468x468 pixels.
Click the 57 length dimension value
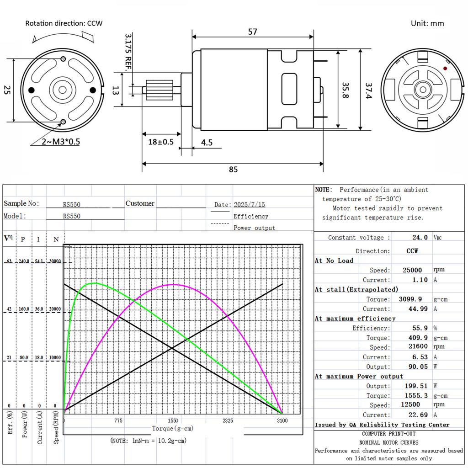[x=252, y=32]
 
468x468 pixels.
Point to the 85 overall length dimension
[x=234, y=170]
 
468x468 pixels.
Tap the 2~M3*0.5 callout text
[x=61, y=142]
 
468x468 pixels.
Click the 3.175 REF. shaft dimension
[x=128, y=52]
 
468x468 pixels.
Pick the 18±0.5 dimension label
[x=161, y=142]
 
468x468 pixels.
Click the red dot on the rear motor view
[x=445, y=69]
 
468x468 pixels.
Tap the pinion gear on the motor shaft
[x=160, y=90]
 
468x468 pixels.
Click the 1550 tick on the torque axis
[x=173, y=420]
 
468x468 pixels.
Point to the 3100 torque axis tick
[x=282, y=420]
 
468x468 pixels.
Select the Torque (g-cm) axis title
[x=173, y=429]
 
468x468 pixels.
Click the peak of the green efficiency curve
[x=95, y=283]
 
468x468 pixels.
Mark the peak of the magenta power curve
[x=173, y=284]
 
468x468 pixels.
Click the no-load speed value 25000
[x=412, y=270]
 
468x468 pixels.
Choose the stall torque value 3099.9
[x=410, y=299]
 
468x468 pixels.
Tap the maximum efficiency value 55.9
[x=420, y=328]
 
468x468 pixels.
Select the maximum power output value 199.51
[x=416, y=386]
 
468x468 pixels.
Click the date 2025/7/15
[x=249, y=204]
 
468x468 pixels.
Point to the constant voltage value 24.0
[x=420, y=237]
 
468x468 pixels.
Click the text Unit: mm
[x=427, y=23]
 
